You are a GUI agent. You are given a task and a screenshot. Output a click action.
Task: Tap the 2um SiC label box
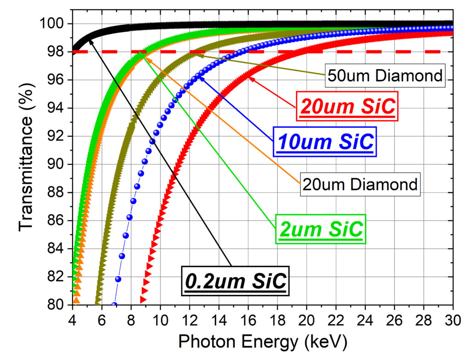[x=320, y=228]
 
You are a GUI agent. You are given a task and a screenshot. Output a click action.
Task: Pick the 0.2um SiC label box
[x=235, y=280]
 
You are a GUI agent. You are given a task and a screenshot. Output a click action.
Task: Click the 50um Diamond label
[x=385, y=76]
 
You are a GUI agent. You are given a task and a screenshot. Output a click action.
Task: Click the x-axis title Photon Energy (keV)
[x=262, y=342]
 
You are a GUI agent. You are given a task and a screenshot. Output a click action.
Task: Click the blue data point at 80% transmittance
[x=114, y=304]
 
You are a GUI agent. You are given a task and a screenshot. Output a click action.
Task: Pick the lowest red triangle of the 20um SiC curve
[x=143, y=300]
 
